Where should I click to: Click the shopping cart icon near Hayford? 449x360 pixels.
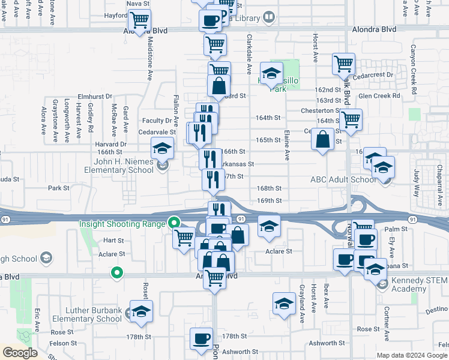click(139, 20)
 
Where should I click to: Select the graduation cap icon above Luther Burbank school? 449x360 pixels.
click(141, 311)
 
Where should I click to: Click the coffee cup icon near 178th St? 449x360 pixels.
click(201, 338)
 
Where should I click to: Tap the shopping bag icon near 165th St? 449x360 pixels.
click(323, 140)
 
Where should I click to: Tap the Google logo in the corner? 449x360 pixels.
click(20, 352)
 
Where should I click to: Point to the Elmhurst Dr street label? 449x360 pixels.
click(95, 96)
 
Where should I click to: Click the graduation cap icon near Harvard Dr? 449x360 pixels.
click(162, 147)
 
